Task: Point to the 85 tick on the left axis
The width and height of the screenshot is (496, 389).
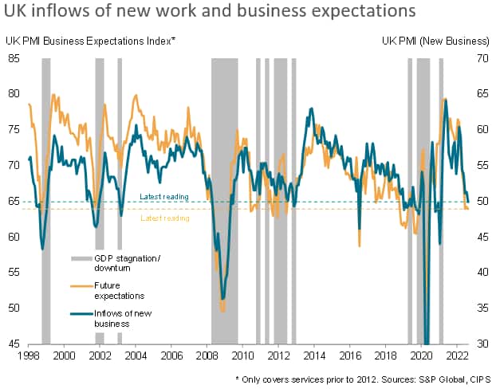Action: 14,58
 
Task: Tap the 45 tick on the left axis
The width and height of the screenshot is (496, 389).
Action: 14,344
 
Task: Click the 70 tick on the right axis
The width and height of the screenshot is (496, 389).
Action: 482,58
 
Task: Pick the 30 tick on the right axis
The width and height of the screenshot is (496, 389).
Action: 482,344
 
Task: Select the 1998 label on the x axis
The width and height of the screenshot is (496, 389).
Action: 29,355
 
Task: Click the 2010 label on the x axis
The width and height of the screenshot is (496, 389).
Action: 242,355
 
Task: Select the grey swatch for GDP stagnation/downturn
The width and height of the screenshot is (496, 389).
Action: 82,259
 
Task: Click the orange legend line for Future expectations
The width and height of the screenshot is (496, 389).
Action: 82,285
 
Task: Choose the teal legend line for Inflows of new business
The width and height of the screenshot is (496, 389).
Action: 82,315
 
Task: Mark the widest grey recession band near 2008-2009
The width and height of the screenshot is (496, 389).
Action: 224,199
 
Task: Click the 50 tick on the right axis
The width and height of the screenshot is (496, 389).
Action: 482,202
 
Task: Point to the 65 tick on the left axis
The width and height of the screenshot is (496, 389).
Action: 14,202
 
